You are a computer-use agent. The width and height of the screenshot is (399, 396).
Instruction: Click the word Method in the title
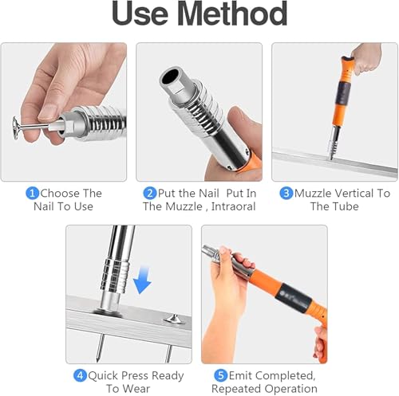tap(232, 14)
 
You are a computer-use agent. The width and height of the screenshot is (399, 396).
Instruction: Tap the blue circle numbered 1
tap(33, 193)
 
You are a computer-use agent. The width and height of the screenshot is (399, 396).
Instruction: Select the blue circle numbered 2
tap(150, 193)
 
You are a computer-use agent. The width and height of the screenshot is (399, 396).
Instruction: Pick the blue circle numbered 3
tap(286, 193)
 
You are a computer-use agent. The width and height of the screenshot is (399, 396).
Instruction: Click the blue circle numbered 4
tap(80, 375)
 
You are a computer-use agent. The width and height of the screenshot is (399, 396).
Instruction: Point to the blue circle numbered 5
tap(221, 375)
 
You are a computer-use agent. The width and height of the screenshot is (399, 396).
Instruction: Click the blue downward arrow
tap(142, 280)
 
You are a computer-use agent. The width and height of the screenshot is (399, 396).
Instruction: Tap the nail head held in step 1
tap(16, 128)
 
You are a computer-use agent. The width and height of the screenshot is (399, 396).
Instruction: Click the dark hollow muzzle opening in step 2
tap(171, 76)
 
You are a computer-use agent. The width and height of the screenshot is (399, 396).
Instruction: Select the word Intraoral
tap(233, 206)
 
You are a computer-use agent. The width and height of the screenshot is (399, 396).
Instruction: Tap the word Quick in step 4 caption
tap(103, 376)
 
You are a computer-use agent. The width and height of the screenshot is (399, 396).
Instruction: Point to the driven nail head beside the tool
tap(174, 319)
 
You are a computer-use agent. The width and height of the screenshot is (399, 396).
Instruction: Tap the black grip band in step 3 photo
tap(343, 93)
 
